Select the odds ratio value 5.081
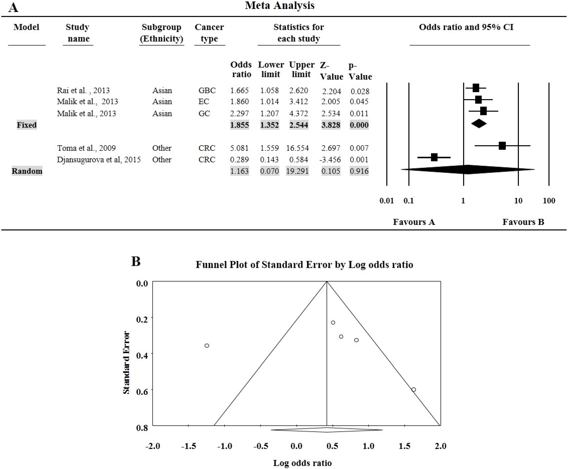tap(239, 148)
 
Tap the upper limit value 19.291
tap(297, 171)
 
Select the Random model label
tap(27, 171)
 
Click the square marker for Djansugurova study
tap(434, 157)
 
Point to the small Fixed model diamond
tap(479, 124)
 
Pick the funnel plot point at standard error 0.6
tap(413, 390)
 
